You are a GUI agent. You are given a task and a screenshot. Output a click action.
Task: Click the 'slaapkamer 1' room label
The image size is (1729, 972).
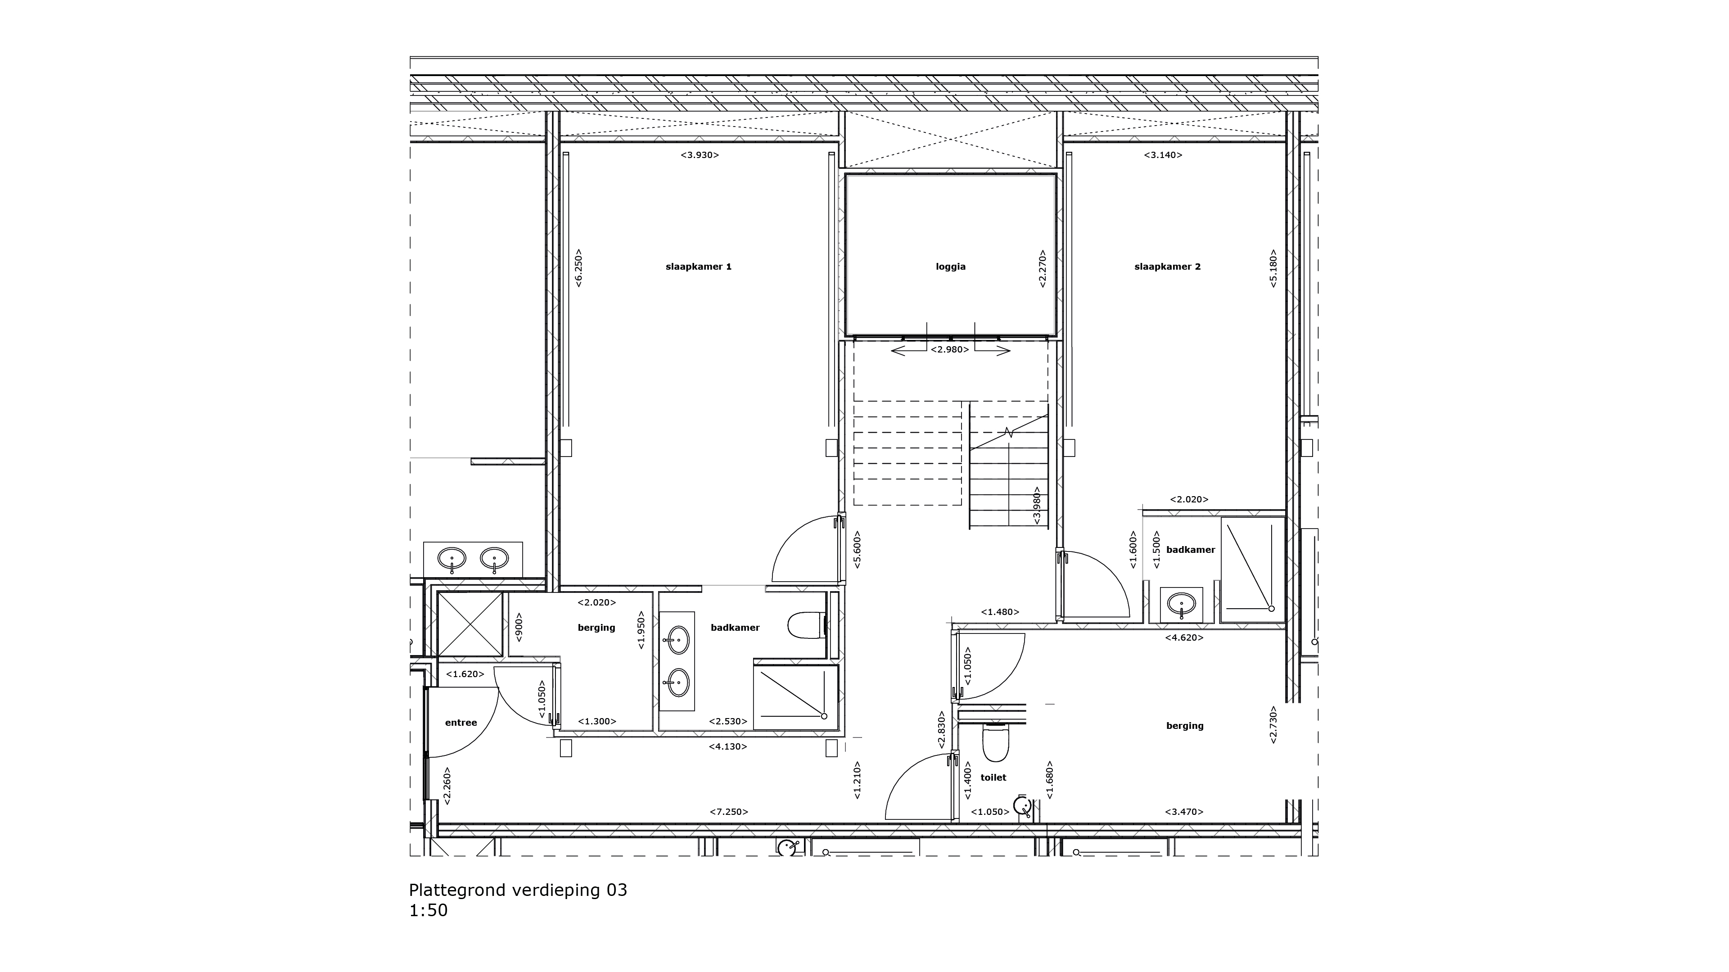[698, 267]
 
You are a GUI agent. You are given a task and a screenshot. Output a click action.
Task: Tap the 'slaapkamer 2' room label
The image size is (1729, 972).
[1167, 267]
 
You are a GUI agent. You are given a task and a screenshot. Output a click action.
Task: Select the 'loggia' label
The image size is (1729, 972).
[950, 267]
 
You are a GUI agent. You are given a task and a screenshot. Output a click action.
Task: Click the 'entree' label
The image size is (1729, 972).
[460, 722]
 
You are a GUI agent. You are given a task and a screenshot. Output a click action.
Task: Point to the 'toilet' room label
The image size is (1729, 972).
[993, 778]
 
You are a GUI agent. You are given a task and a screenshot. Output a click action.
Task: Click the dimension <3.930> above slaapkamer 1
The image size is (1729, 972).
[700, 155]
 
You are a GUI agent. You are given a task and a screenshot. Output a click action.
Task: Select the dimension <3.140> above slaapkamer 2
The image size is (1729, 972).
[1163, 155]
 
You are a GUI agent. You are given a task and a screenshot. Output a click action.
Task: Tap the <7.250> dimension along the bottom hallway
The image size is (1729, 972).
[729, 812]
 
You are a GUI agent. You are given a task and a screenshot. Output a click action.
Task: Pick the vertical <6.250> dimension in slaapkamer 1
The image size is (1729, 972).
[578, 268]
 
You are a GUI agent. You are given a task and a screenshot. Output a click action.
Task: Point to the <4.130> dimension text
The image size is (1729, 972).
[727, 746]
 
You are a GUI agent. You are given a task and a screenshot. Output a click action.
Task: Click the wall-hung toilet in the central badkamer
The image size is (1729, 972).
[805, 624]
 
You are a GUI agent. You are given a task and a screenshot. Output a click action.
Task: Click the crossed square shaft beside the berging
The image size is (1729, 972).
[470, 624]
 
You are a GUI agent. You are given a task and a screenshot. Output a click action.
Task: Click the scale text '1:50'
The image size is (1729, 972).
[428, 910]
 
